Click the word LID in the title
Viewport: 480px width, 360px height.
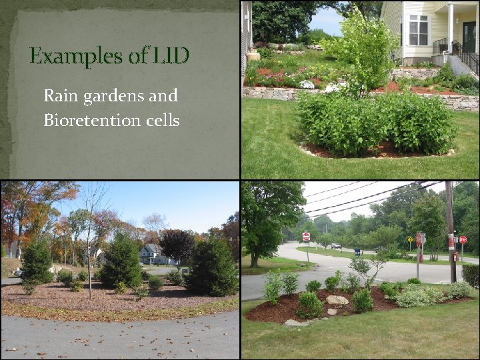[x=171, y=56]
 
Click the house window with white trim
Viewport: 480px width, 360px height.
[x=419, y=29]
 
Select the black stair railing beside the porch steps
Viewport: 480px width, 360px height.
[x=466, y=58]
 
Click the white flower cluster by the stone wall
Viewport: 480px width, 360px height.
[x=307, y=85]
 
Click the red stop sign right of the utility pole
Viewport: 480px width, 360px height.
[x=463, y=240]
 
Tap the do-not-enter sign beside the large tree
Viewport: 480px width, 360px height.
[x=306, y=237]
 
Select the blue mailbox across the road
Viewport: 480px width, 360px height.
[x=357, y=251]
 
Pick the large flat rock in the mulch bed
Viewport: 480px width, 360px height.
[x=337, y=301]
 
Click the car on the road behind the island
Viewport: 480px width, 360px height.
[x=336, y=246]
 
